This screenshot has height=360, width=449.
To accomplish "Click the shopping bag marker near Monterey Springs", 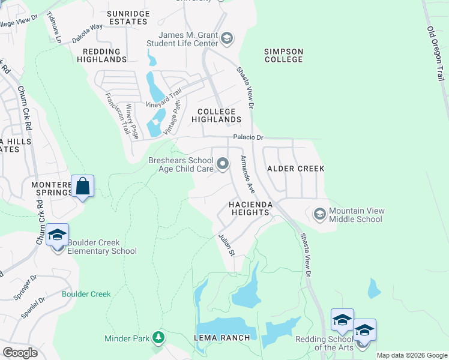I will click(83, 187).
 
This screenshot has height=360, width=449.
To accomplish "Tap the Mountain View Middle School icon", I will click(319, 214).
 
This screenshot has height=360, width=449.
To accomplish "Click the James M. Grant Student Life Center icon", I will click(227, 40).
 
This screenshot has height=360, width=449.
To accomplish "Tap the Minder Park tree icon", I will click(158, 338).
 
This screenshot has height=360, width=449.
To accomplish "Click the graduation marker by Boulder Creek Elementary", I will click(57, 235).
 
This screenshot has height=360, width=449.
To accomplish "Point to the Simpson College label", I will click(284, 56).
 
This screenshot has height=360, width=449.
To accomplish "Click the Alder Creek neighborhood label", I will click(295, 169).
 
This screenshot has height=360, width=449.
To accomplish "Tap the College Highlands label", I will click(216, 115).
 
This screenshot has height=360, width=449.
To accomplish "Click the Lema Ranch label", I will click(222, 338).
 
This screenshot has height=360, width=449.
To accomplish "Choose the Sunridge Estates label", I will click(127, 17).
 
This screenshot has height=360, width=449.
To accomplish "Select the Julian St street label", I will click(226, 244).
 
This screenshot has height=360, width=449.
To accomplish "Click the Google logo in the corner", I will click(20, 352).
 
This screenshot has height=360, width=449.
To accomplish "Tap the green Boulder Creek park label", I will click(86, 294).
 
